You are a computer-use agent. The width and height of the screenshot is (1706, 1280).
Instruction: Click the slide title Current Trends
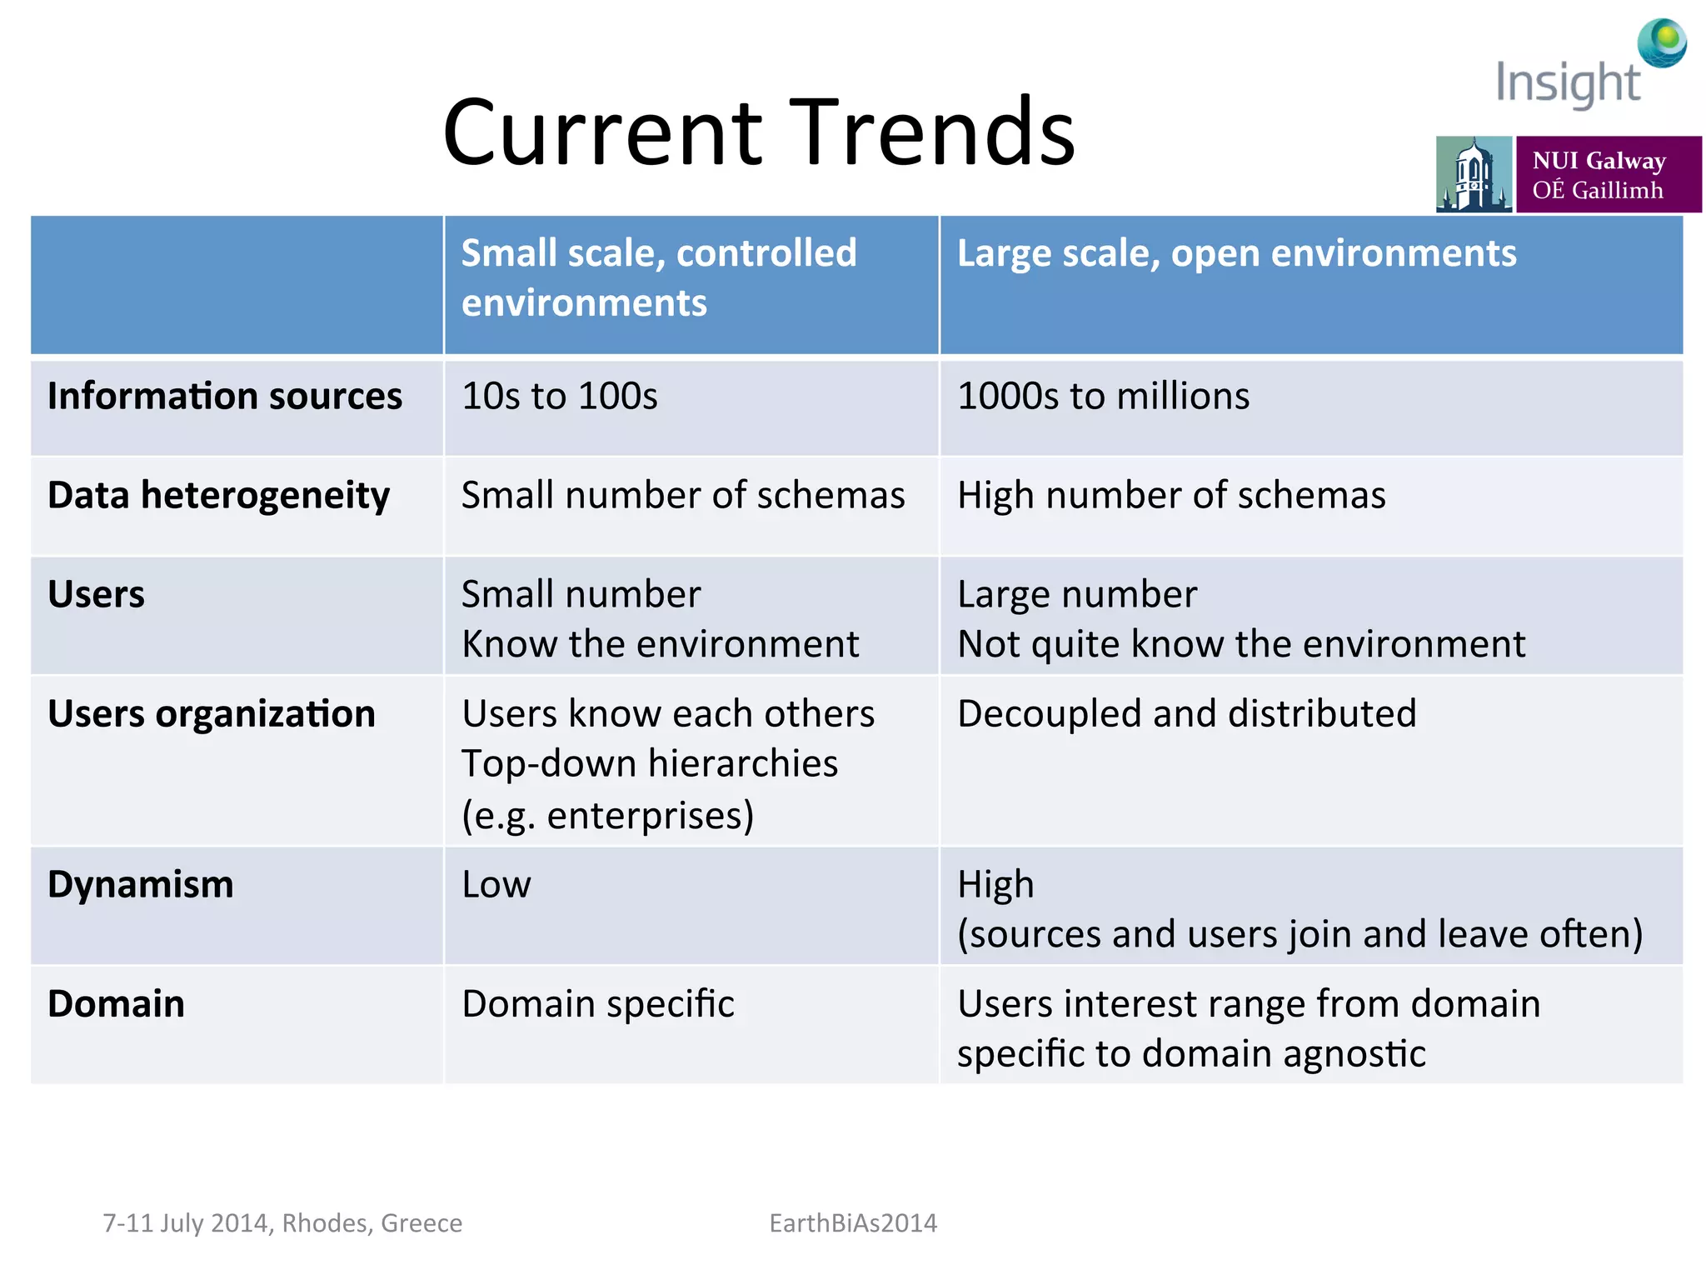759,132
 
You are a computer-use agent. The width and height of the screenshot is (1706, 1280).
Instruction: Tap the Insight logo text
1567,83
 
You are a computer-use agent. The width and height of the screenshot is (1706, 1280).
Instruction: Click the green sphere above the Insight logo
1662,42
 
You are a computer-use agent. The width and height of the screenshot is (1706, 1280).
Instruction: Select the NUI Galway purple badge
1608,174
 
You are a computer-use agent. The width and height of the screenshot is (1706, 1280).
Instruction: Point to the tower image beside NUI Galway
1473,174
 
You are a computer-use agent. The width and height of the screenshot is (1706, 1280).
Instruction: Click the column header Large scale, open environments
1236,253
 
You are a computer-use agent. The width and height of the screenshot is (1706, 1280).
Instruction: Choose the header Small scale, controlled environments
658,277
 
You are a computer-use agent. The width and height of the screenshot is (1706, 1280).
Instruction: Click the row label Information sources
225,396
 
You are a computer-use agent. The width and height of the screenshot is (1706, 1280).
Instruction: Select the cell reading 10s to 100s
559,396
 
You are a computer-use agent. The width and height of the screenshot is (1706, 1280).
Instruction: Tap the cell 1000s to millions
1103,396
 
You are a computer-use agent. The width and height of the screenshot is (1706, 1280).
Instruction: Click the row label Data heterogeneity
218,496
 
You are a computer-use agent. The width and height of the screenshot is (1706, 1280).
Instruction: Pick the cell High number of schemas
1171,496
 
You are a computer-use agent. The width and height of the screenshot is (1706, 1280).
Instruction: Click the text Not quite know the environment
1241,644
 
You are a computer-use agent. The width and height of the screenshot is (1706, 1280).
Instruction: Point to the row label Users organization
212,714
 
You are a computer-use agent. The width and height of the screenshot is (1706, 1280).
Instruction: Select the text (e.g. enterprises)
608,815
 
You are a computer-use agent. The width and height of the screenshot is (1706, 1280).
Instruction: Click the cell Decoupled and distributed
1186,714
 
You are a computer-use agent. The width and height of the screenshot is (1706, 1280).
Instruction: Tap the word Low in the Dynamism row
496,884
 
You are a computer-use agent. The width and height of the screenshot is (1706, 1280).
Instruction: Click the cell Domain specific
598,1004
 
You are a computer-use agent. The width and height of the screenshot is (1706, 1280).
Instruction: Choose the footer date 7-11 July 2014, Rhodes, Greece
282,1222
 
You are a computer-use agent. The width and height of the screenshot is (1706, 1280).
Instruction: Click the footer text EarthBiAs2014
853,1222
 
